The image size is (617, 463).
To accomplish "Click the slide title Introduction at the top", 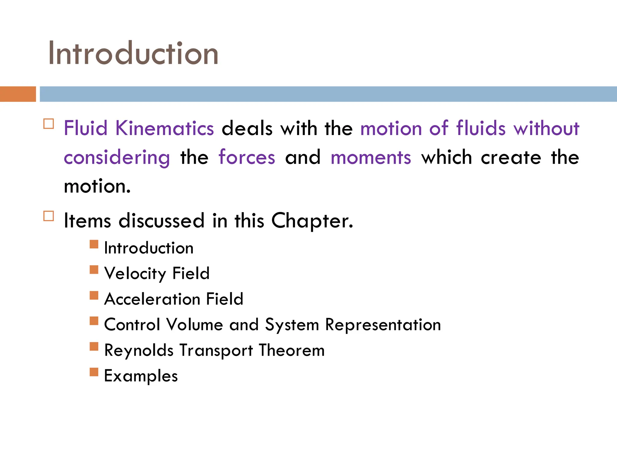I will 133,53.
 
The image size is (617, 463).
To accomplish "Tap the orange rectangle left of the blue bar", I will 18,94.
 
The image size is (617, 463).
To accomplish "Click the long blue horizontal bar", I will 328,94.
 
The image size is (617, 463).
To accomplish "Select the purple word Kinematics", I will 164,128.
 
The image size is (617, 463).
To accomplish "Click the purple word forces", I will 247,157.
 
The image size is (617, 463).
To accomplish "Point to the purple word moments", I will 371,157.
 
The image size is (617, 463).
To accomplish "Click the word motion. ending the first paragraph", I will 97,186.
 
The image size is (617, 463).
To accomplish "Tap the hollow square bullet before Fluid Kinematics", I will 49,124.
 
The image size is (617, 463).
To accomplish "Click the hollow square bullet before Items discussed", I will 49,216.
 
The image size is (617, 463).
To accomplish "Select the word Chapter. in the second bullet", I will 312,221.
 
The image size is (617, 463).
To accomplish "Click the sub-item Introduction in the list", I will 149,248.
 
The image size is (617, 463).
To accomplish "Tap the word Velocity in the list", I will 135,274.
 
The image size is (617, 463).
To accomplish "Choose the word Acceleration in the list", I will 152,299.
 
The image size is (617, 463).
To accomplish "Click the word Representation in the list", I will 383,325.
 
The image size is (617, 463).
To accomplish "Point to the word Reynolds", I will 139,351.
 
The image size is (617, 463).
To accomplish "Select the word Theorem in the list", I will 292,350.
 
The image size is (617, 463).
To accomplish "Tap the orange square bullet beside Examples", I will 94,372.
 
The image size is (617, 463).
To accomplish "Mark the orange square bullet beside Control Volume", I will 94,321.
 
